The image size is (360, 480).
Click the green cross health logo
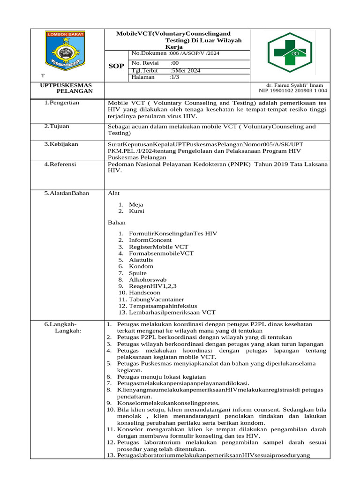pos(289,53)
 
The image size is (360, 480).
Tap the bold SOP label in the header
pos(116,66)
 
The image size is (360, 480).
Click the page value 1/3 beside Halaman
pos(174,77)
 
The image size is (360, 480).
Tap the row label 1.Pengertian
pos(61,103)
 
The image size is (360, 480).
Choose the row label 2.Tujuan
pos(57,127)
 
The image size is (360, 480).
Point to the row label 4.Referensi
pos(60,165)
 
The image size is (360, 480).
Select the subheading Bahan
pos(117,223)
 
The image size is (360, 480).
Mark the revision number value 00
pos(175,63)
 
